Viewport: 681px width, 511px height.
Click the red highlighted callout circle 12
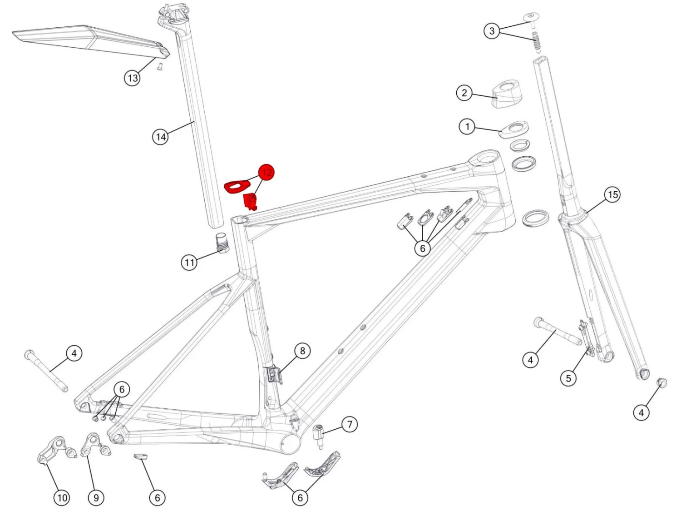[x=266, y=173]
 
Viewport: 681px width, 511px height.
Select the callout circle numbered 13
[x=132, y=78]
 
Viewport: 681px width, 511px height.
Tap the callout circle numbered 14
[x=160, y=137]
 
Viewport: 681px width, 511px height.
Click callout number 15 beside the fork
[x=612, y=195]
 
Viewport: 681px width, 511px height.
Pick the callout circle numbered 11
[x=189, y=262]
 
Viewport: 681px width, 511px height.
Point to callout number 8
[x=302, y=351]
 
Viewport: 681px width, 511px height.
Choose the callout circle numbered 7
[x=349, y=425]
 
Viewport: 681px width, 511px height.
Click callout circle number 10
[x=62, y=498]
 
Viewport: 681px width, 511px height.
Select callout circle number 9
[x=96, y=498]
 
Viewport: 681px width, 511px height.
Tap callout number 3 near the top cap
[x=492, y=31]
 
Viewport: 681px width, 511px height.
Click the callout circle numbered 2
[x=464, y=93]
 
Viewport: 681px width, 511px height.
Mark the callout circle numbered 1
[x=467, y=126]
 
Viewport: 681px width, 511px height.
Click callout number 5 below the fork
[x=568, y=378]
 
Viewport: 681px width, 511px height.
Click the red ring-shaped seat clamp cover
[x=237, y=186]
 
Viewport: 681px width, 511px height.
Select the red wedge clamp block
[x=250, y=201]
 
